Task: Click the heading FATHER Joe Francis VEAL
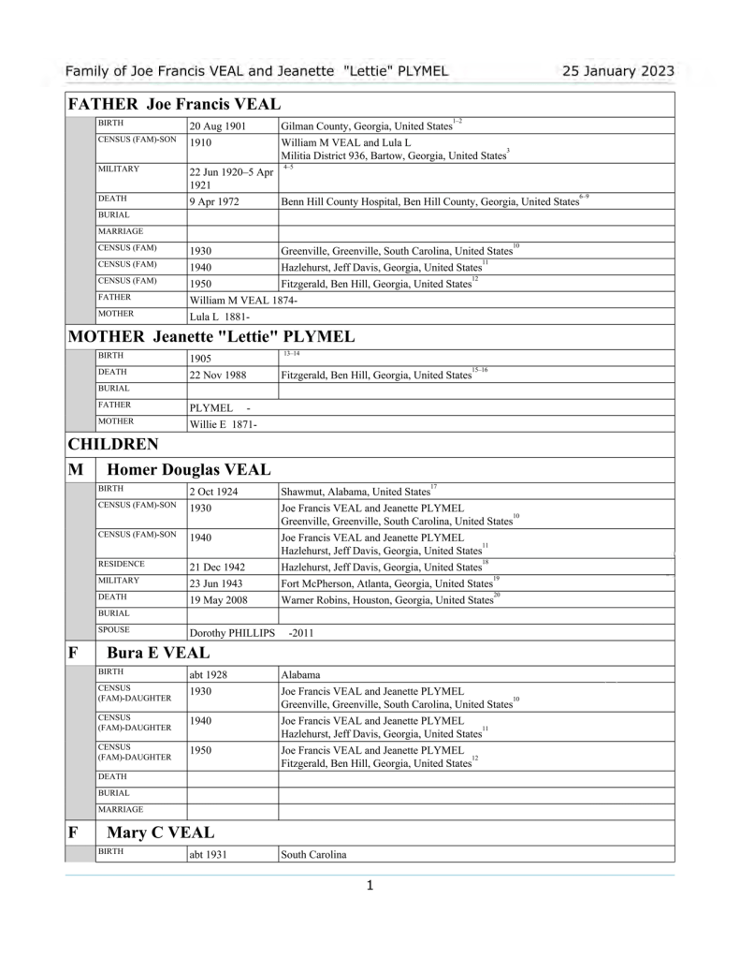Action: point(175,104)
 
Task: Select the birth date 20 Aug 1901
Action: point(218,125)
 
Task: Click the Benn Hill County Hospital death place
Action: point(429,201)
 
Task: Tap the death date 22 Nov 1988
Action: point(221,375)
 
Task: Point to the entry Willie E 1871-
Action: point(223,423)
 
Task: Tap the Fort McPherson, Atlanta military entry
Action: point(386,583)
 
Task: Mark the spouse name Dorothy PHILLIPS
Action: point(232,633)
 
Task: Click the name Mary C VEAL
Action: point(161,832)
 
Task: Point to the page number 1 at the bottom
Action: point(370,885)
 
